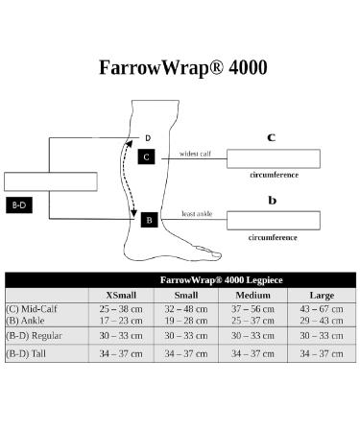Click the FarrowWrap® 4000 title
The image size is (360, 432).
[183, 68]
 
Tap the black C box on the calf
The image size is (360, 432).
[146, 156]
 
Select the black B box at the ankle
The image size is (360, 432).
[149, 220]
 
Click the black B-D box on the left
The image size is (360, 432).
[19, 205]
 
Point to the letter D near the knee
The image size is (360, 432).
[148, 138]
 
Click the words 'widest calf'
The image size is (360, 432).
[195, 153]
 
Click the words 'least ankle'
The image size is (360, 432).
[196, 213]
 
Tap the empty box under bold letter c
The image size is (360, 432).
[273, 158]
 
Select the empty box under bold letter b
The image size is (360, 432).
[273, 220]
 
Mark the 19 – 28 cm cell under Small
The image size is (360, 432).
[182, 320]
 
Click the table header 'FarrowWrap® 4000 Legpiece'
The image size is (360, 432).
[221, 279]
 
